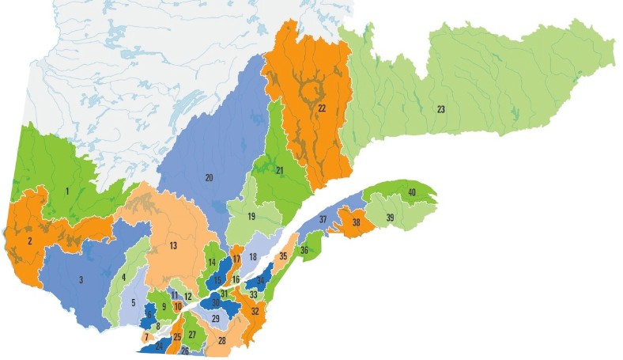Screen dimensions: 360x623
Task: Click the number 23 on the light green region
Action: (x=440, y=109)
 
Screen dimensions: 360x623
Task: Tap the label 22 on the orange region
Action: (x=322, y=108)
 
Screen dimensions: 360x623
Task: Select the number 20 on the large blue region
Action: (x=210, y=178)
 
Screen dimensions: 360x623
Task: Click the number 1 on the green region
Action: (x=68, y=191)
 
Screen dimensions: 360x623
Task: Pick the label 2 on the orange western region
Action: (x=29, y=241)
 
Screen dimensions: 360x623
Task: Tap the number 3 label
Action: (x=81, y=279)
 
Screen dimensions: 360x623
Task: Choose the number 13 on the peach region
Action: (x=172, y=247)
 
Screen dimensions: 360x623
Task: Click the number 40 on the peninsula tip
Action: (x=412, y=192)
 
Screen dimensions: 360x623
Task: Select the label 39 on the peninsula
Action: (x=390, y=218)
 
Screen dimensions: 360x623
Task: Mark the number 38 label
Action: (x=357, y=223)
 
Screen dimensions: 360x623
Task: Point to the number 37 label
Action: (x=323, y=219)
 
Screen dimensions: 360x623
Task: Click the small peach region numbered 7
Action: (x=146, y=338)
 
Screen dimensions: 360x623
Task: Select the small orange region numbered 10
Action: (x=178, y=305)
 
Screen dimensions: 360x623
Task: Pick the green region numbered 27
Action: (x=192, y=335)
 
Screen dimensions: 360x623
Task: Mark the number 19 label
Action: (x=251, y=216)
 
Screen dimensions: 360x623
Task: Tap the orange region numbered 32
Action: (x=255, y=312)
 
